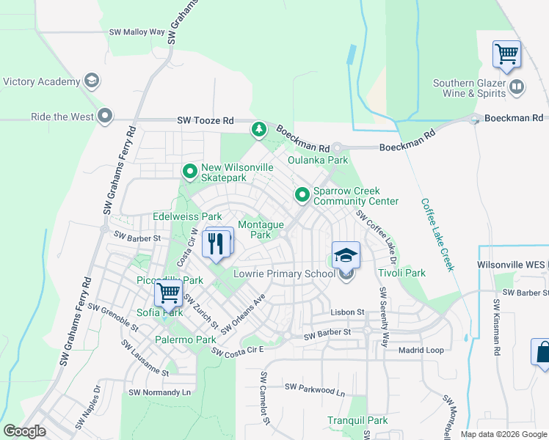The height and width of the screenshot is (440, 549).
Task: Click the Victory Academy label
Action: click(x=42, y=81)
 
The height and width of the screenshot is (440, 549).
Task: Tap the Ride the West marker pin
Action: click(x=106, y=117)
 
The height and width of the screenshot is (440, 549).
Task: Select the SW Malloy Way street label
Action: click(x=137, y=32)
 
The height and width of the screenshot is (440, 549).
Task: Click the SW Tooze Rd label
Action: click(x=205, y=120)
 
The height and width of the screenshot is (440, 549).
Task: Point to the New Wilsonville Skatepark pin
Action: click(x=190, y=172)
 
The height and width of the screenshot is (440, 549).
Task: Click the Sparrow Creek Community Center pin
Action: click(x=302, y=195)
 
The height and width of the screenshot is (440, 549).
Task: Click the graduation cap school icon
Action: click(x=346, y=255)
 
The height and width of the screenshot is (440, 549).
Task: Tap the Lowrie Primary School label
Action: click(x=284, y=274)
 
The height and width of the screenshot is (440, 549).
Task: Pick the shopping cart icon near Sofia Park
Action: click(x=169, y=293)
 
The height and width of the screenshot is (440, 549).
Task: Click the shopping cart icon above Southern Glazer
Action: click(x=506, y=54)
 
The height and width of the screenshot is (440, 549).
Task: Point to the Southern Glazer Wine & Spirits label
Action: click(x=469, y=88)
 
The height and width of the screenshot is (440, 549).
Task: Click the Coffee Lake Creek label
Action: click(x=437, y=234)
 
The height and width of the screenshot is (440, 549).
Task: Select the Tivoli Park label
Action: click(x=401, y=274)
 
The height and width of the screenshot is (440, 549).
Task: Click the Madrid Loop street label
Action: click(x=421, y=350)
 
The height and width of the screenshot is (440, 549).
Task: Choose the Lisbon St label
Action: click(x=346, y=312)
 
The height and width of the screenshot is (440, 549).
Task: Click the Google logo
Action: click(x=25, y=431)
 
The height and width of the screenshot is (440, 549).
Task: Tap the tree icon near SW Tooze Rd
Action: click(x=258, y=130)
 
